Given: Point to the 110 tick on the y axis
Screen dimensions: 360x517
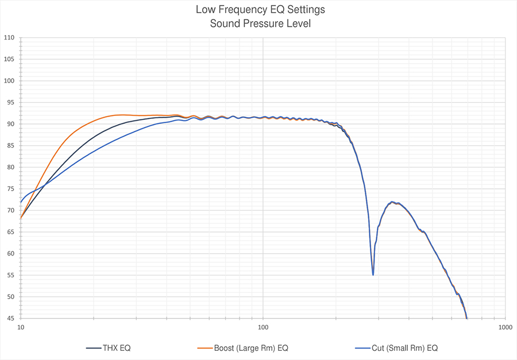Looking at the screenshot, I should coord(9,38).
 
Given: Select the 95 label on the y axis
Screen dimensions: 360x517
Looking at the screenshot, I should coord(10,102).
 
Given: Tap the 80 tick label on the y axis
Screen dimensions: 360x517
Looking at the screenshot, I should coord(10,167).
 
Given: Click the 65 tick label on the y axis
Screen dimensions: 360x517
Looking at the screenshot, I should coord(10,232).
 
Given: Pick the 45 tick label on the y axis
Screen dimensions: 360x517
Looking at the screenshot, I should coord(10,318).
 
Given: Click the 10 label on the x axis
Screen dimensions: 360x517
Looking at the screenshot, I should coord(21,327).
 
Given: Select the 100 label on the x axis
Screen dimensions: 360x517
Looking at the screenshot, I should coord(263,327).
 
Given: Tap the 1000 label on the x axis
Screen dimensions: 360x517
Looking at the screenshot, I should coord(505,327).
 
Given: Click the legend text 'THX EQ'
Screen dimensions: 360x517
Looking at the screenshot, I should coord(117,348).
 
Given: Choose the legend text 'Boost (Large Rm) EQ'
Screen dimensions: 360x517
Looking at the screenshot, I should coord(251,348).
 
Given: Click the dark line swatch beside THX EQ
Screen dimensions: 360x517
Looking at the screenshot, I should coord(94,348).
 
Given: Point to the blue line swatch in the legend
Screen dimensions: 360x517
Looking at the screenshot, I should coord(363,348).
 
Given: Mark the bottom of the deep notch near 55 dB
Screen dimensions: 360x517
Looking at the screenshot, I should coord(373,274).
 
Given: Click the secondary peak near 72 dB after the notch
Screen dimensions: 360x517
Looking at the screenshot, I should coord(392,202).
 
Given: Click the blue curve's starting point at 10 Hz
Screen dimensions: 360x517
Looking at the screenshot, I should coord(21,202).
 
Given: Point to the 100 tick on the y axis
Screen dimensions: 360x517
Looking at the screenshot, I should coord(9,81).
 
